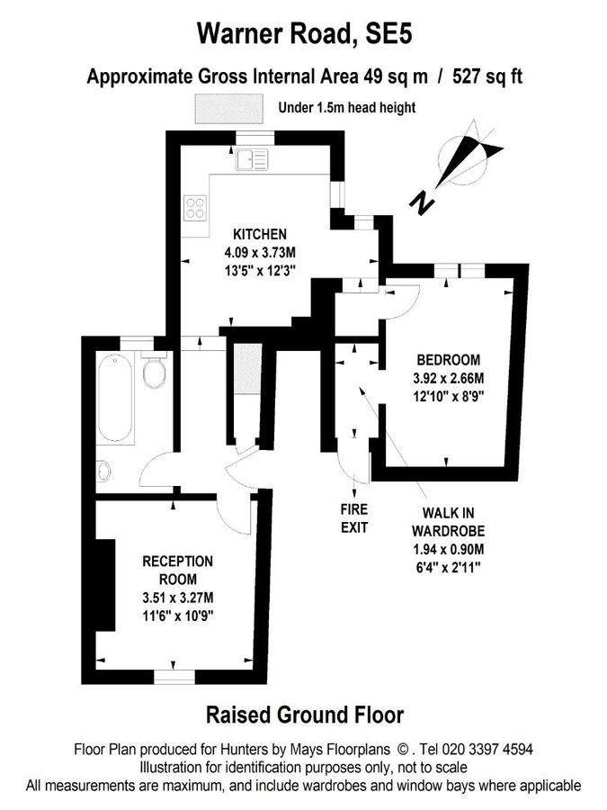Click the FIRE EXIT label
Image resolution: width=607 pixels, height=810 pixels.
[354, 518]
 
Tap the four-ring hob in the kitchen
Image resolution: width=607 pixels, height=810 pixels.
[195, 208]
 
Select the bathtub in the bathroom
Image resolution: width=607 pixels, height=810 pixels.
[116, 398]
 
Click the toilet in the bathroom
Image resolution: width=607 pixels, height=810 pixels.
[154, 372]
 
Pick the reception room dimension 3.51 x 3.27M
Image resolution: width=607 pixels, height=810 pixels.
[178, 598]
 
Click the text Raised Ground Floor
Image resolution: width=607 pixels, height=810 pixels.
[305, 715]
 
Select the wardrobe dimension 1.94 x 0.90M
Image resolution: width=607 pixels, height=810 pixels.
[448, 550]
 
